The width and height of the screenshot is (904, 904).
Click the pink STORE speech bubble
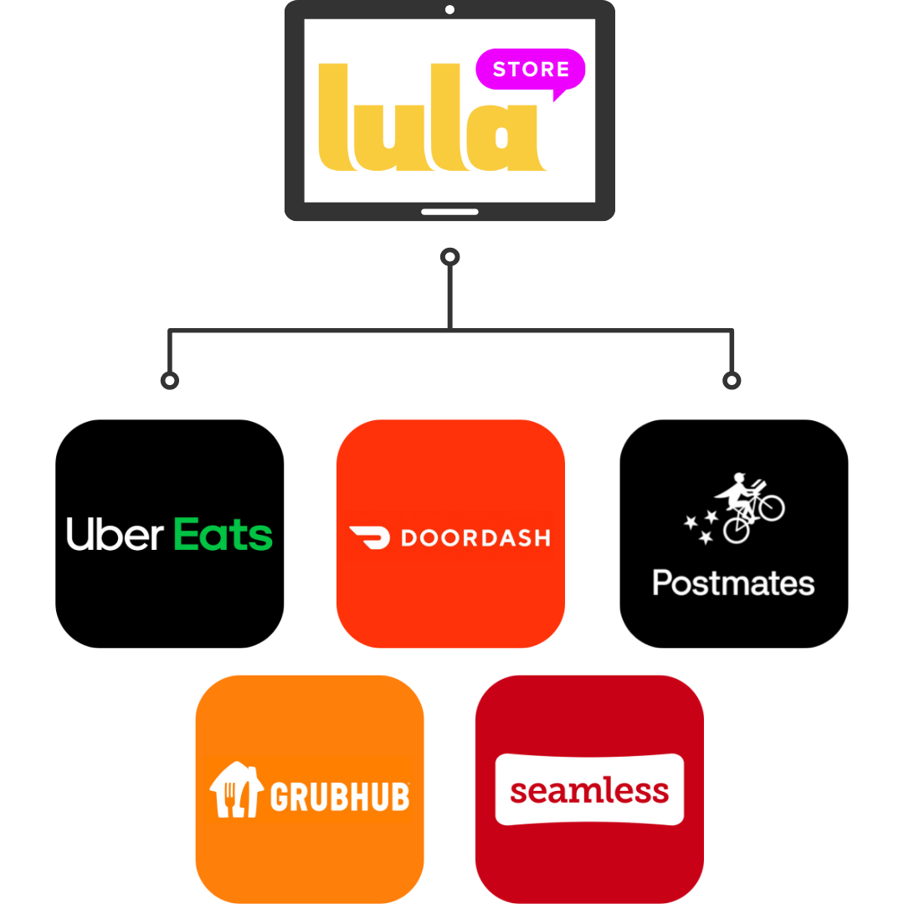point(530,69)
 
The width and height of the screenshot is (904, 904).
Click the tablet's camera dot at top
point(449,10)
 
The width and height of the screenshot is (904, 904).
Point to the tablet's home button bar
point(449,212)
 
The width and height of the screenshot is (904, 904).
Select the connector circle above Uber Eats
point(169,381)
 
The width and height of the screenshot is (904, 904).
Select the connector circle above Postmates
point(732,381)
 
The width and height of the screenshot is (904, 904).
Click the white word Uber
point(115,534)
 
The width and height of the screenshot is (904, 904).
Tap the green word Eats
point(223,534)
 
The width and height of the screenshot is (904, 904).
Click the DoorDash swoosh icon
point(369,537)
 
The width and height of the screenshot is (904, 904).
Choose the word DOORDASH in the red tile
point(475,537)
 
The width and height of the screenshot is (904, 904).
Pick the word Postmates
point(733,583)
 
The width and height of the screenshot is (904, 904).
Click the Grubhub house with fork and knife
point(235,791)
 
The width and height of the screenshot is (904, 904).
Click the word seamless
point(589,790)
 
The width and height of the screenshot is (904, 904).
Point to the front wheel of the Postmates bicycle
point(769,506)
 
